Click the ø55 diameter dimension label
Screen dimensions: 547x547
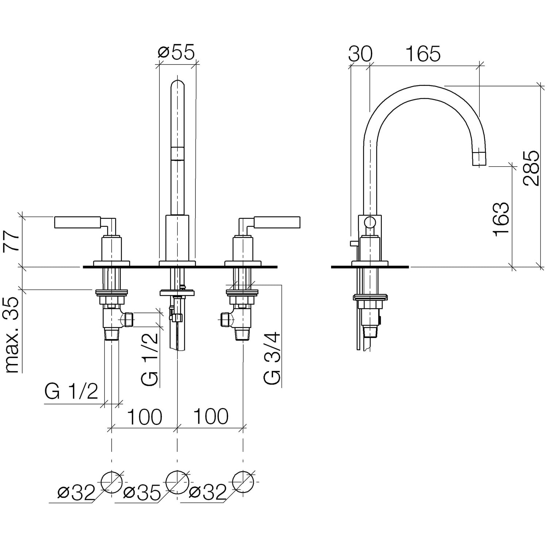(x=176, y=53)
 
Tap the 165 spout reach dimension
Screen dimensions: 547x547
(x=423, y=54)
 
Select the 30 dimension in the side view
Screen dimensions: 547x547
(x=360, y=54)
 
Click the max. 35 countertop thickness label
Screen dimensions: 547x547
(x=13, y=335)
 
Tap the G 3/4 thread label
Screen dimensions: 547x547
(x=272, y=357)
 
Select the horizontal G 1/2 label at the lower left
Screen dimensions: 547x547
(x=71, y=392)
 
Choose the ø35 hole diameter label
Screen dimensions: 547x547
(x=142, y=493)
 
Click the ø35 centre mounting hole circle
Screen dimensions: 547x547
(x=177, y=482)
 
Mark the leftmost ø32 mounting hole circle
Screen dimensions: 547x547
(x=112, y=482)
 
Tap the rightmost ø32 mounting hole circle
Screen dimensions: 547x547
(x=243, y=482)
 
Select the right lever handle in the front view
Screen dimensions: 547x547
(x=277, y=222)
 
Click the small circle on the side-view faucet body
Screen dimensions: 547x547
(x=370, y=222)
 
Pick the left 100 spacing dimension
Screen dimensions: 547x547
(x=144, y=416)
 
